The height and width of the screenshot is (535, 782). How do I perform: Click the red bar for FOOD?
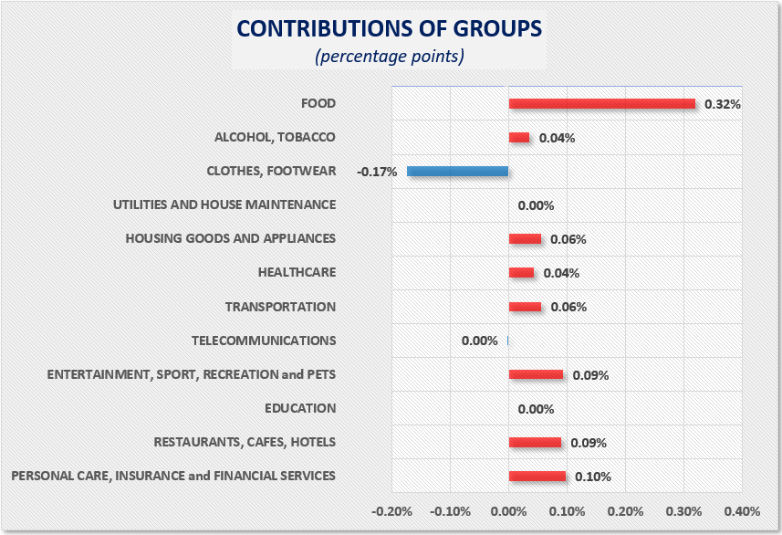click(x=601, y=104)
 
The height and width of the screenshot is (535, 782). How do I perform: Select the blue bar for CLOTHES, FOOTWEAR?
click(x=457, y=171)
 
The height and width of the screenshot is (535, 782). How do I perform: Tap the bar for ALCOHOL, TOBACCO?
click(x=518, y=138)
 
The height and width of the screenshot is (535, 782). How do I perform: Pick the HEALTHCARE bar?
click(x=521, y=272)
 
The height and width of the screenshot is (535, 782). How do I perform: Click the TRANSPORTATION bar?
click(x=525, y=307)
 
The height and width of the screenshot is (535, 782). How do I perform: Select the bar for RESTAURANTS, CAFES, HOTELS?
click(x=535, y=442)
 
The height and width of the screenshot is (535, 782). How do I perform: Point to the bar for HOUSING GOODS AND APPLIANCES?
click(x=525, y=239)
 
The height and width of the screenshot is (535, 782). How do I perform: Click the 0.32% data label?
click(x=722, y=105)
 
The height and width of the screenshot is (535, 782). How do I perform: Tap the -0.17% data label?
click(x=377, y=172)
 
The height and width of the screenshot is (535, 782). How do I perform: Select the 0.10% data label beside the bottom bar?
click(x=592, y=477)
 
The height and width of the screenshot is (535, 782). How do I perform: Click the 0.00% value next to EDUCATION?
click(x=536, y=409)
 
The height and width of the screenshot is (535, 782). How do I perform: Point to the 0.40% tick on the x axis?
click(x=742, y=511)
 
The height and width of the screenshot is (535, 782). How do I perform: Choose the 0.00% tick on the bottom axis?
click(x=508, y=511)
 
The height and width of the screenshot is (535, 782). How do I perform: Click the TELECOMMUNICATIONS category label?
click(x=264, y=341)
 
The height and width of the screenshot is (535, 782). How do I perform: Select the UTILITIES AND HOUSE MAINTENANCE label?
click(x=224, y=205)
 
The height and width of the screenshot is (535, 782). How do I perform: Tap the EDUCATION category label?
click(x=300, y=408)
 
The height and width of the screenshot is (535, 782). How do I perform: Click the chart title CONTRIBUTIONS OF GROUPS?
click(x=389, y=27)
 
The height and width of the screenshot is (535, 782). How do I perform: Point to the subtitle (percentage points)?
click(x=390, y=57)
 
